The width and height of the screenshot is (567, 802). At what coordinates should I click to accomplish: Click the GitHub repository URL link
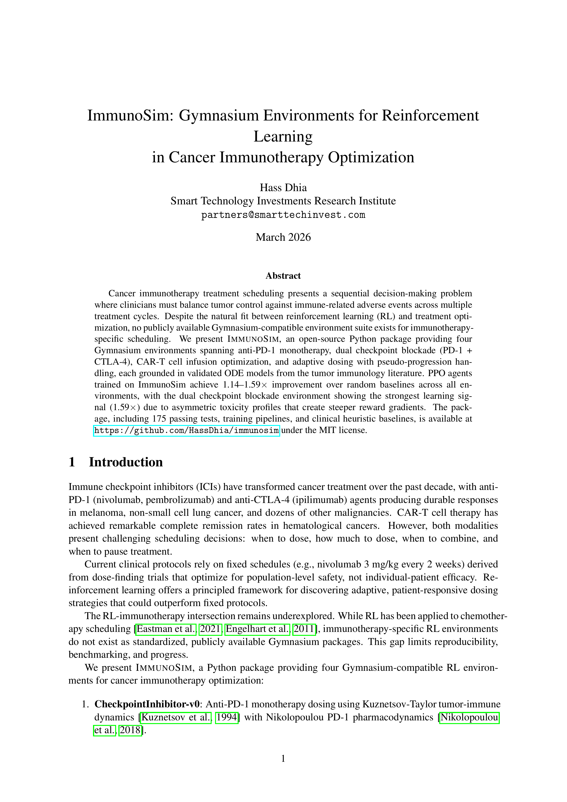click(x=186, y=430)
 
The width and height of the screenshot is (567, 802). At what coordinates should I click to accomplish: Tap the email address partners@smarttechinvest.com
click(x=283, y=215)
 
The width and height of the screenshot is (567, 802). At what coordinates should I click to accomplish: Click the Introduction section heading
click(x=126, y=462)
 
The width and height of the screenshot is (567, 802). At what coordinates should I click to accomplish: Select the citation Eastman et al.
click(x=166, y=629)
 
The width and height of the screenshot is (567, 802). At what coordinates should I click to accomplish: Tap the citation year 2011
click(x=304, y=629)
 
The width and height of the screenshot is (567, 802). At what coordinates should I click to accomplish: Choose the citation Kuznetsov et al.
click(x=176, y=717)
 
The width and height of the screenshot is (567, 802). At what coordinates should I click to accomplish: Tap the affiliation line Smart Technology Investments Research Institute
click(x=283, y=201)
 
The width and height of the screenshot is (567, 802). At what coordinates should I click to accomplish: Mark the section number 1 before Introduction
click(x=72, y=462)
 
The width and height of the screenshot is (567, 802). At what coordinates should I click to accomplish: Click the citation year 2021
click(x=210, y=629)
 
